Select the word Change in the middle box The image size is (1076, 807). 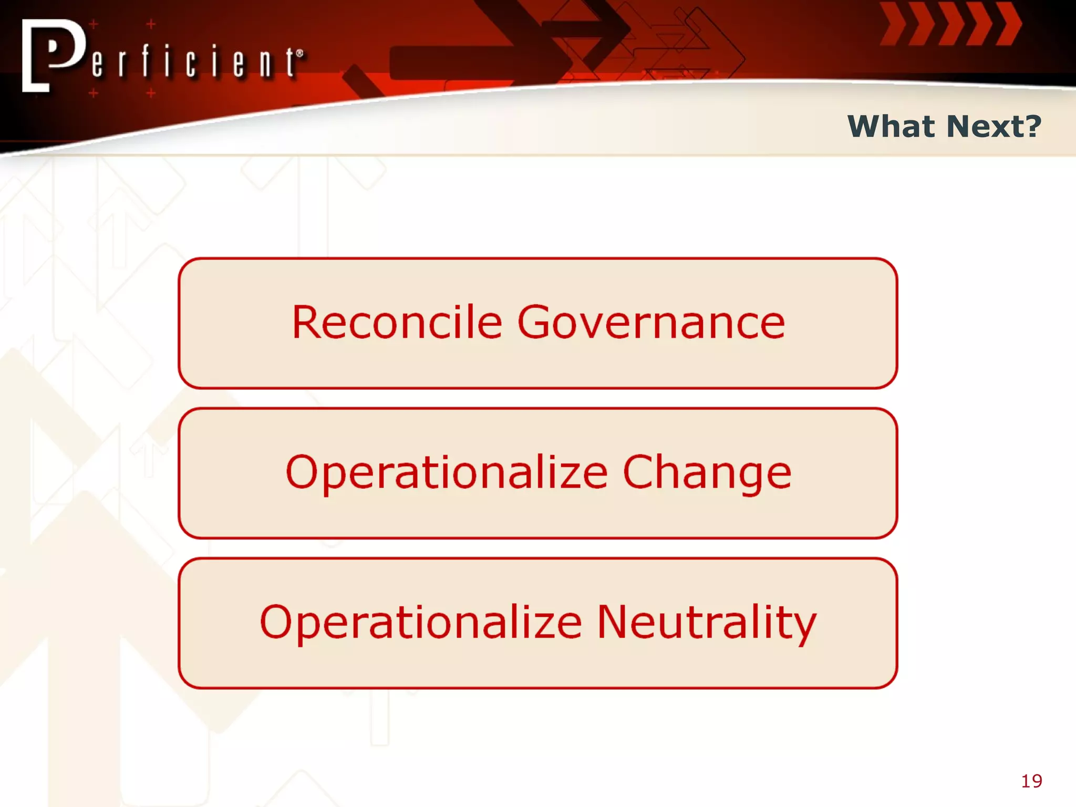707,472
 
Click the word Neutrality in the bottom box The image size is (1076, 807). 707,623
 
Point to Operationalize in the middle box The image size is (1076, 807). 447,472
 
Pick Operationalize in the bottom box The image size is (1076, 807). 421,623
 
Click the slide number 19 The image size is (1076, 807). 1031,781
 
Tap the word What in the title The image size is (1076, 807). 891,127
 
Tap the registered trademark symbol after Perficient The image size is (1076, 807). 299,53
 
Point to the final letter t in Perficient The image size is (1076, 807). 290,64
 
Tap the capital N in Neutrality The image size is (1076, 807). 613,623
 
